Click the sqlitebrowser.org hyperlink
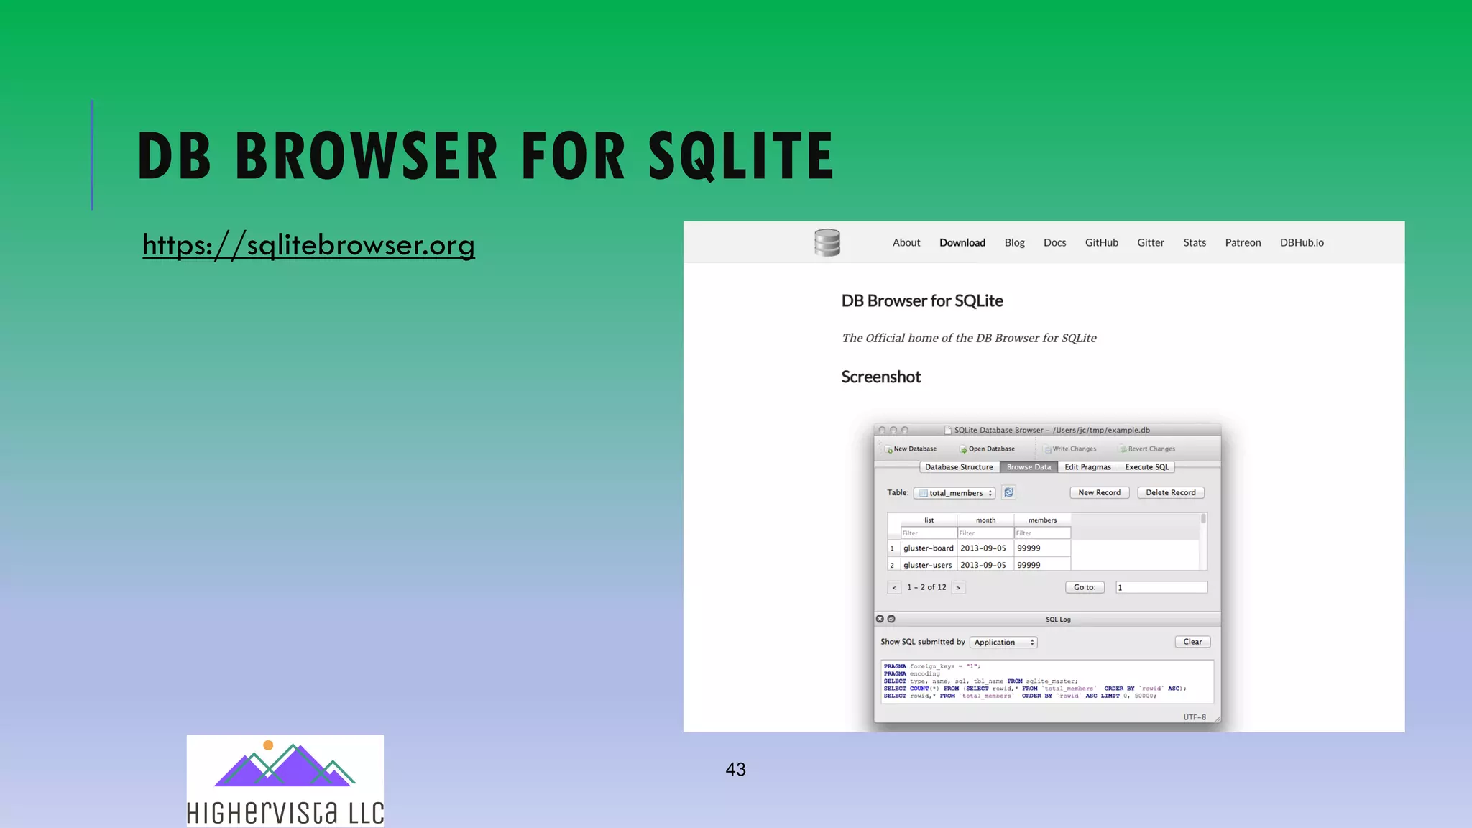tap(308, 245)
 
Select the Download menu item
tap(962, 243)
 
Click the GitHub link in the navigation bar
tap(1101, 243)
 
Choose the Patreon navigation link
tap(1243, 243)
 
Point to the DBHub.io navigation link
tap(1301, 243)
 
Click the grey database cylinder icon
tap(827, 243)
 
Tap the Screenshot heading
tap(880, 377)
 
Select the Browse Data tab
tap(1029, 467)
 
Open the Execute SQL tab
tap(1146, 467)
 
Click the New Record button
tap(1099, 493)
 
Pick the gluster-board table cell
tap(928, 548)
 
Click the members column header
tap(1042, 520)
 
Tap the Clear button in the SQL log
tap(1192, 642)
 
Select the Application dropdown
tap(1003, 643)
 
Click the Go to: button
tap(1085, 588)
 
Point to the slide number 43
tap(735, 770)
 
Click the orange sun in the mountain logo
tap(268, 745)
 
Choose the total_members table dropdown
tap(954, 493)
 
